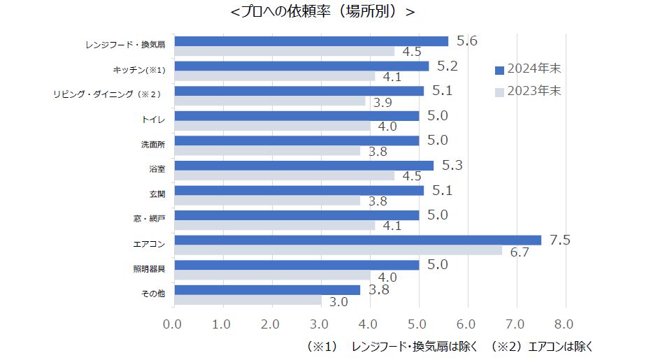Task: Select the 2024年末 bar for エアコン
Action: (x=357, y=240)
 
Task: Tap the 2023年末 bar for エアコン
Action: (x=337, y=250)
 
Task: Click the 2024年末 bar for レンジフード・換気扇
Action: (x=310, y=41)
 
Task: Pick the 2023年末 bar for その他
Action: (x=247, y=301)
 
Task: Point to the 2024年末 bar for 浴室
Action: (x=303, y=166)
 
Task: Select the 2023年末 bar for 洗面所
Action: (x=266, y=151)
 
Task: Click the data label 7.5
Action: (x=561, y=240)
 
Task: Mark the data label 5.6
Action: (x=466, y=41)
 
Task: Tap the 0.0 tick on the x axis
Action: (x=173, y=324)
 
